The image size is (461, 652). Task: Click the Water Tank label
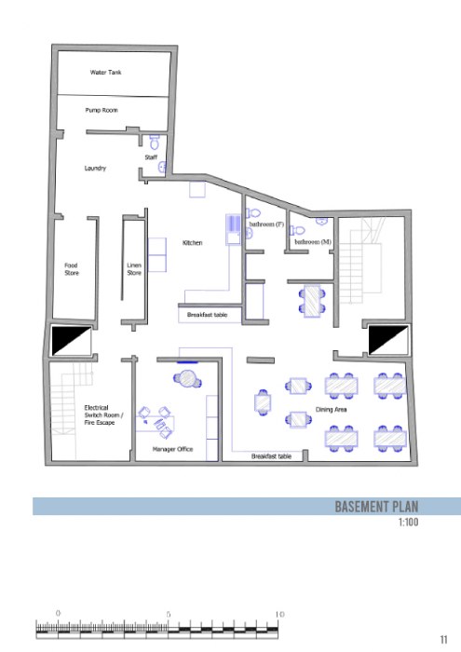105,73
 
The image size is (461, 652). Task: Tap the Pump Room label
102,110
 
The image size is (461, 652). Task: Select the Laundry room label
95,168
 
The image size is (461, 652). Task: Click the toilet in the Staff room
155,142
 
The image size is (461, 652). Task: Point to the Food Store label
72,269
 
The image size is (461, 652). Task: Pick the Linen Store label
134,269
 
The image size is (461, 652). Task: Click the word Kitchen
193,243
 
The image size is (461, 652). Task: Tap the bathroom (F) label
266,224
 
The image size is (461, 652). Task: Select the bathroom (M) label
313,241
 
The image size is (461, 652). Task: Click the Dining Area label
331,410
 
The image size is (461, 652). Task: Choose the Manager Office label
172,449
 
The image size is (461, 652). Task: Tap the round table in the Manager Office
187,379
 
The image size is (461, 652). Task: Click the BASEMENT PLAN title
376,507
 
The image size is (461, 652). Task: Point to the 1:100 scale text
408,522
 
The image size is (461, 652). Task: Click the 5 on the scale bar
169,614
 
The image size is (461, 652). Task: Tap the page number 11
443,640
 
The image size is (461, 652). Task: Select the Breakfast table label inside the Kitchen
207,315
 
